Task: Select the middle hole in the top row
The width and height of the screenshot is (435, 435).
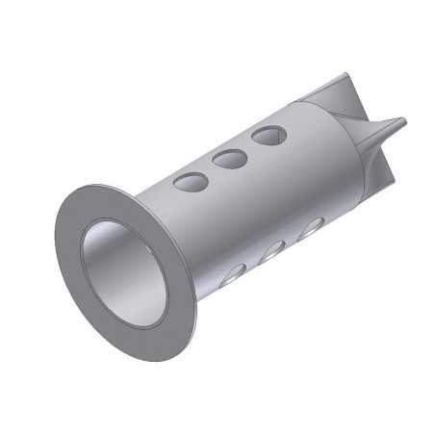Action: (x=229, y=159)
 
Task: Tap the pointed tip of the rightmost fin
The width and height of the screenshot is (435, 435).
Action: (x=403, y=121)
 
